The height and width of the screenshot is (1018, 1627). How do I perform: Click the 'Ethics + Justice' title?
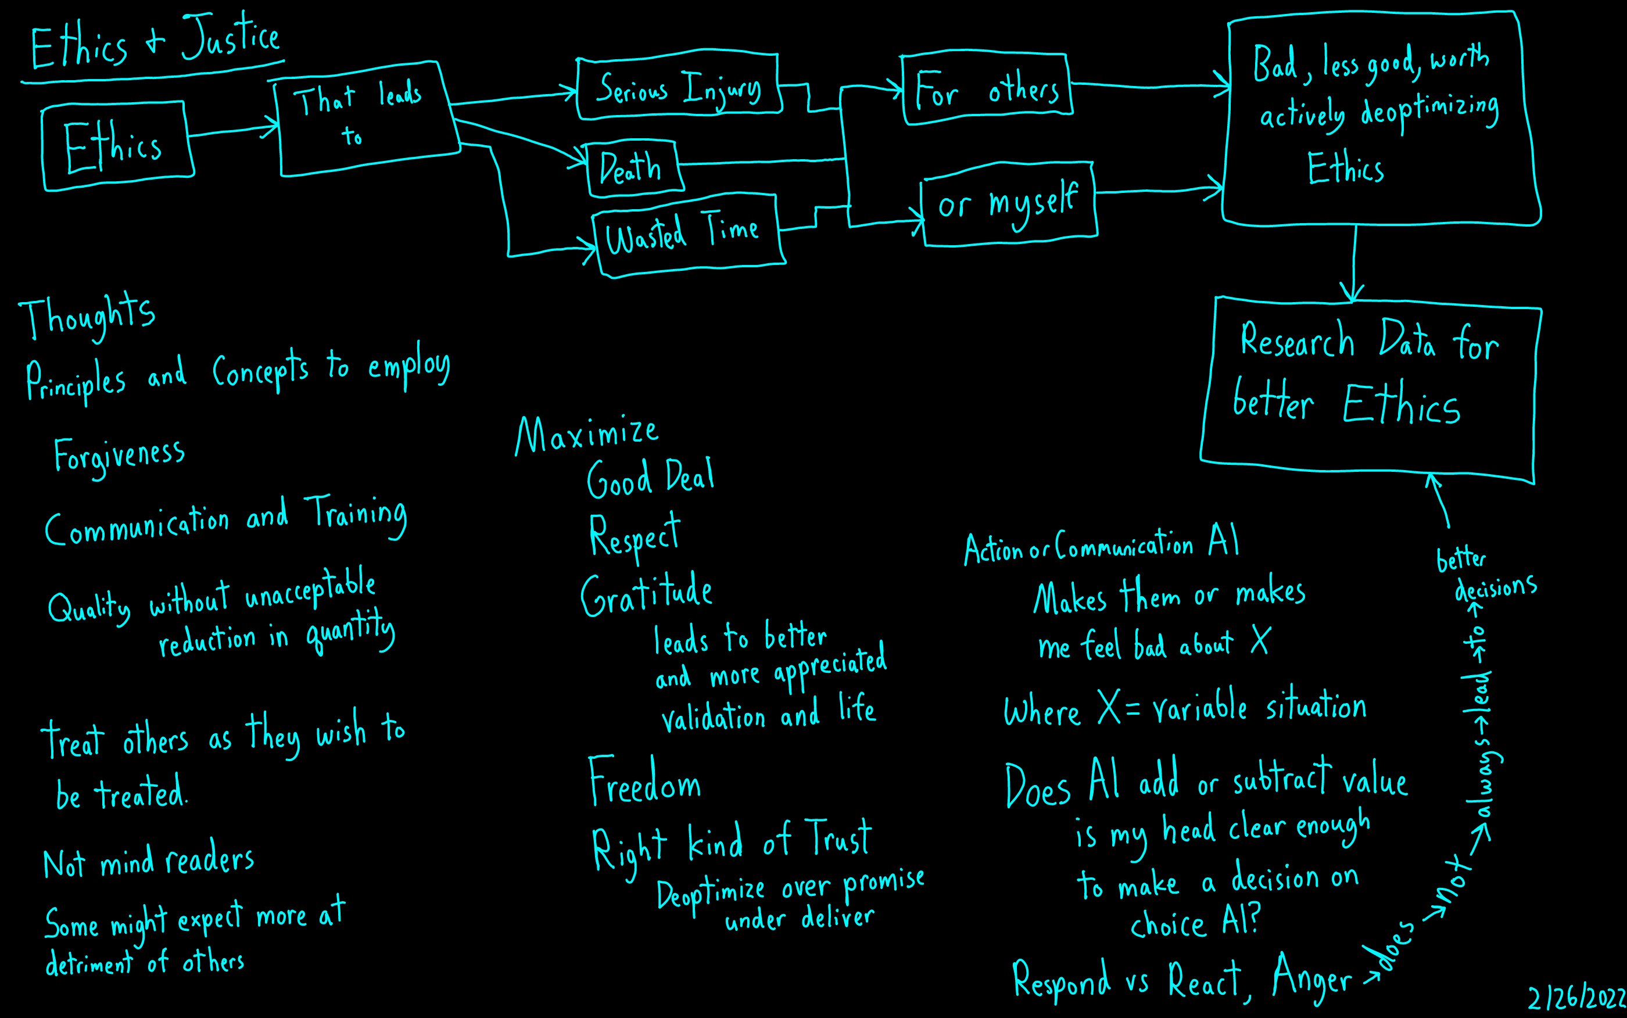tap(155, 42)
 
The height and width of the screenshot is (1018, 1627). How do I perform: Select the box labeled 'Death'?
tap(632, 169)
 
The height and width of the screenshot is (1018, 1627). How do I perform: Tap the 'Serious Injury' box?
tap(679, 88)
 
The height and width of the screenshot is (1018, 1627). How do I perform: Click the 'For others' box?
tap(986, 89)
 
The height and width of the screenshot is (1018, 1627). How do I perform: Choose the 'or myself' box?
tap(1008, 204)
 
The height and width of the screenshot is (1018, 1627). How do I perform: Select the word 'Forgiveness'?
tap(119, 456)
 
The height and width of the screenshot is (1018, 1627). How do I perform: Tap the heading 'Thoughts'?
tap(88, 315)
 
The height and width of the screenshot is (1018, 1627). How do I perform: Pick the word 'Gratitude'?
tap(646, 594)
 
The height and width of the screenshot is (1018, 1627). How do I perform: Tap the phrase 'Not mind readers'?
tap(148, 861)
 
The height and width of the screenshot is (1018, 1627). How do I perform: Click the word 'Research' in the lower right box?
tap(1296, 340)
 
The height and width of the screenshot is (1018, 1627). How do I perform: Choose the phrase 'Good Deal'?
tap(650, 478)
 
